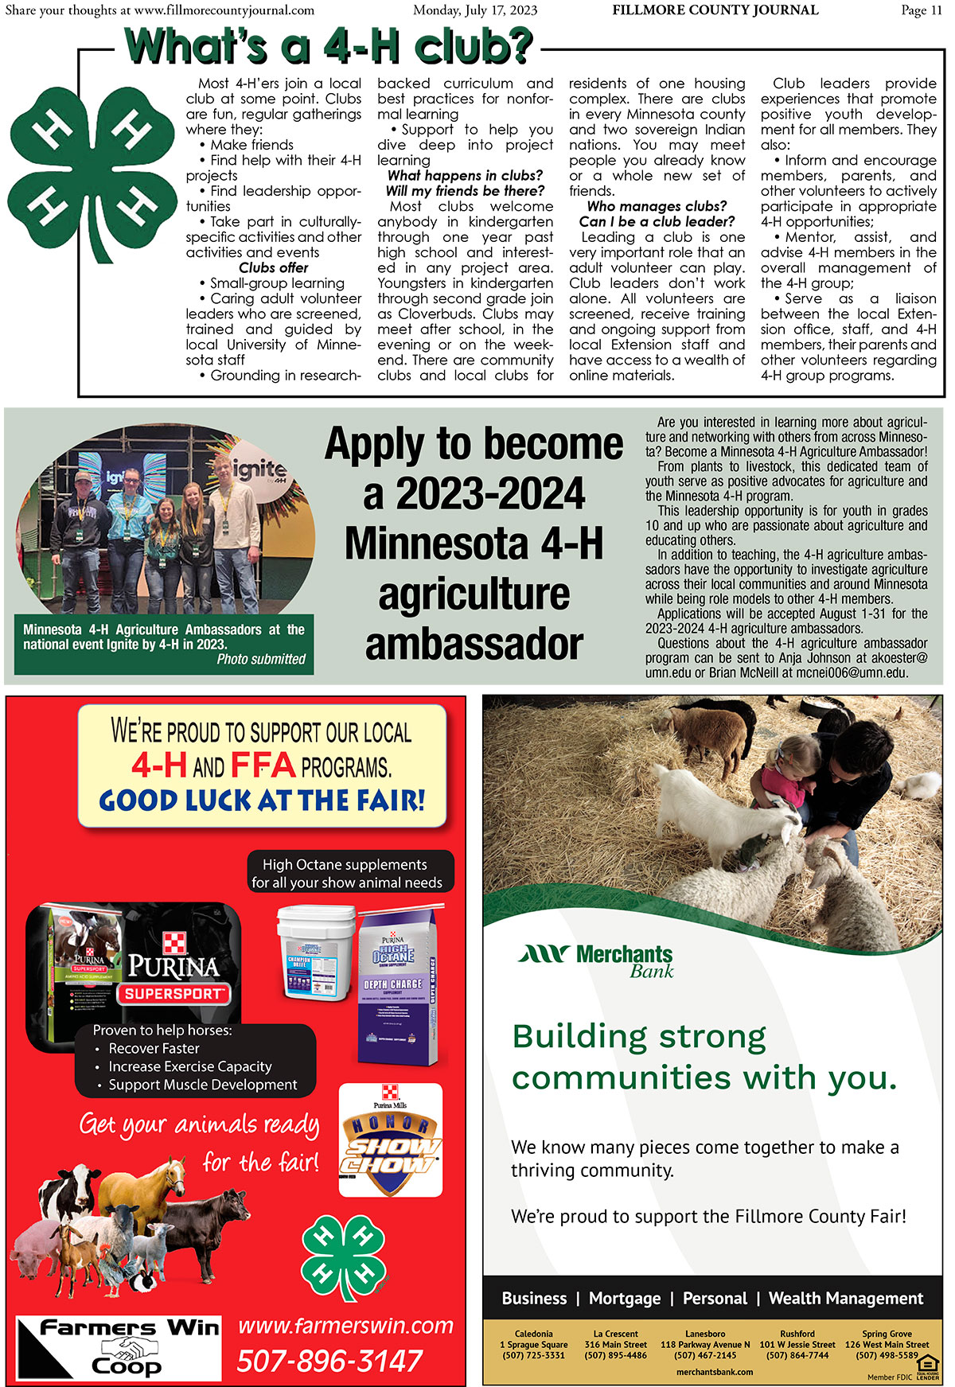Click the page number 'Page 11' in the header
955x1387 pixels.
pyautogui.click(x=921, y=10)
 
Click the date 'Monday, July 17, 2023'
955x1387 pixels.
pyautogui.click(x=475, y=10)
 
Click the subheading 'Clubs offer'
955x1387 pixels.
pyautogui.click(x=273, y=268)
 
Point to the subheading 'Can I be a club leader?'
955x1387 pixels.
pyautogui.click(x=657, y=222)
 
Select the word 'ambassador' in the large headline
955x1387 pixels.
pyautogui.click(x=474, y=645)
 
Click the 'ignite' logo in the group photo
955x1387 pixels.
pyautogui.click(x=259, y=470)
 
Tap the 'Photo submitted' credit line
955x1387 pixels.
pyautogui.click(x=261, y=659)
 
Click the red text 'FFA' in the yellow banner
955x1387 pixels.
pyautogui.click(x=263, y=766)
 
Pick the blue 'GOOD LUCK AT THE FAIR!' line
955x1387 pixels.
pyautogui.click(x=262, y=801)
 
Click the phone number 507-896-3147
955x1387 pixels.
pyautogui.click(x=329, y=1362)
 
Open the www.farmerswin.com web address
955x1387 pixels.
pyautogui.click(x=345, y=1326)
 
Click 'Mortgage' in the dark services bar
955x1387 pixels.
pyautogui.click(x=625, y=1299)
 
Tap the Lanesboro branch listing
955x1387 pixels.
pyautogui.click(x=705, y=1344)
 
